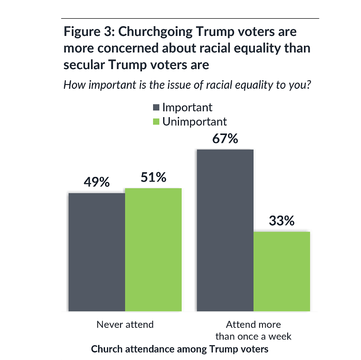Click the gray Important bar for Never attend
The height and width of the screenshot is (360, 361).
pyautogui.click(x=97, y=252)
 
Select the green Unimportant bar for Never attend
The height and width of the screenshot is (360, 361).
pyautogui.click(x=153, y=249)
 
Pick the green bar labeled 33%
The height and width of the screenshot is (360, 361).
pyautogui.click(x=282, y=271)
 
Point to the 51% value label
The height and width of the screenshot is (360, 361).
pyautogui.click(x=153, y=177)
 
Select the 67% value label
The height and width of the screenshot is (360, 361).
pyautogui.click(x=225, y=139)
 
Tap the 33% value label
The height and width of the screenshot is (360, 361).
pyautogui.click(x=282, y=221)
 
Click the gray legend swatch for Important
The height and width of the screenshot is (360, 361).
pyautogui.click(x=156, y=108)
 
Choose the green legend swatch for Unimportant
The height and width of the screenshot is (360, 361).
pyautogui.click(x=156, y=122)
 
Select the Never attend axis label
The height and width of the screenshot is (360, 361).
pyautogui.click(x=125, y=324)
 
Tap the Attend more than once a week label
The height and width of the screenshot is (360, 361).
pyautogui.click(x=253, y=330)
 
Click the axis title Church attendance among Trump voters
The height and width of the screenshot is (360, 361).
pyautogui.click(x=180, y=349)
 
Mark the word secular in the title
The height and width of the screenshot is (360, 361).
pyautogui.click(x=84, y=65)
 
